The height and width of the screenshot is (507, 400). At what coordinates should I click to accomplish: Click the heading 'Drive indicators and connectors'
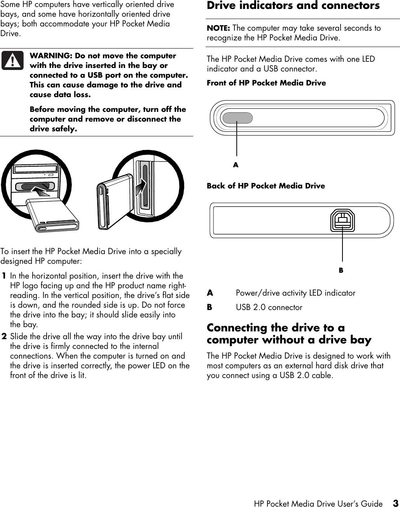(x=293, y=6)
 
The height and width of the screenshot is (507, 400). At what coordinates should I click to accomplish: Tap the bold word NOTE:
(x=218, y=28)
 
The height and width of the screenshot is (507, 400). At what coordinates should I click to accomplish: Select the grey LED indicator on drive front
(x=237, y=118)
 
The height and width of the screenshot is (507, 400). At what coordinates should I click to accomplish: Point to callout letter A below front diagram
(x=236, y=165)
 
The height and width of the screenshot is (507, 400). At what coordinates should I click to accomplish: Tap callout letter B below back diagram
(x=341, y=270)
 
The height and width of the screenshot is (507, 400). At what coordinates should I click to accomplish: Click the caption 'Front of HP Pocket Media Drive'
(x=266, y=83)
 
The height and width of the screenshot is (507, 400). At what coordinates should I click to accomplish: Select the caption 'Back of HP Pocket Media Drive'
(x=266, y=186)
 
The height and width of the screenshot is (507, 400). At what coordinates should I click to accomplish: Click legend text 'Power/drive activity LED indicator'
(x=295, y=293)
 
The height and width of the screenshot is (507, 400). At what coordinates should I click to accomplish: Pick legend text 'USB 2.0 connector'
(x=269, y=307)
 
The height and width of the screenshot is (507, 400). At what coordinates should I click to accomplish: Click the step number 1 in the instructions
(x=4, y=276)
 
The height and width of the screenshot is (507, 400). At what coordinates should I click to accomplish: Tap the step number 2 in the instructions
(x=4, y=336)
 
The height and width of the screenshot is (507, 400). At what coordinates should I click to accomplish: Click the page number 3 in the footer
(x=395, y=504)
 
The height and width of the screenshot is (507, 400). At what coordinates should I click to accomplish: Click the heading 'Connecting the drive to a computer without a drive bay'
(x=289, y=334)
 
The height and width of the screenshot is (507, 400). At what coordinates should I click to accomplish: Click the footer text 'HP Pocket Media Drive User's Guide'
(x=318, y=504)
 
